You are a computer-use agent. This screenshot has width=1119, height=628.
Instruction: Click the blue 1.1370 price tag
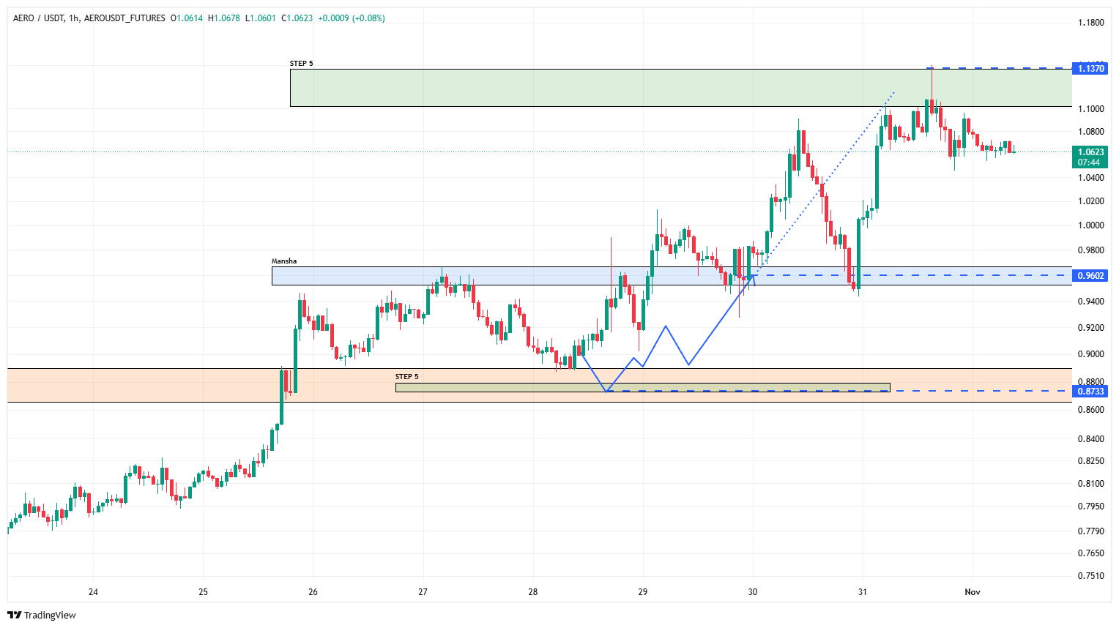(1090, 68)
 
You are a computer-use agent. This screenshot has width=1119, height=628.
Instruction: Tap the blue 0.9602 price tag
(1090, 276)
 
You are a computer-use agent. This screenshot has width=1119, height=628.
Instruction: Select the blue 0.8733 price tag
(1090, 392)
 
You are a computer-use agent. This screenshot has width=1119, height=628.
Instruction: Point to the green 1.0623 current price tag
(1090, 153)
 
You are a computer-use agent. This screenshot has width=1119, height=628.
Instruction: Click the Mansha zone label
(284, 261)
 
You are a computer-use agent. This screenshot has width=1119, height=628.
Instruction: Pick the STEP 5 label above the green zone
(301, 64)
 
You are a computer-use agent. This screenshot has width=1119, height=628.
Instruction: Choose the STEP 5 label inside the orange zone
(406, 377)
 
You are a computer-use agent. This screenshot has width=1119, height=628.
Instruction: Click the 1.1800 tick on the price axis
(1090, 23)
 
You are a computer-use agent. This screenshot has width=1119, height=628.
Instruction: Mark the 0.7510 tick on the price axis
(1090, 576)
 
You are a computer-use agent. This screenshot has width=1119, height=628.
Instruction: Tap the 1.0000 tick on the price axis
(1090, 225)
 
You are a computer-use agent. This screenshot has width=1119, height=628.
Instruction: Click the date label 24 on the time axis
(93, 592)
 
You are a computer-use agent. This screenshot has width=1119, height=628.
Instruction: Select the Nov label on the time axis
(972, 592)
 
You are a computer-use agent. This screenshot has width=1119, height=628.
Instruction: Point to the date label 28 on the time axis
(532, 592)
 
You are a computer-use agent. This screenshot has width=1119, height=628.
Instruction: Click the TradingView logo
(42, 615)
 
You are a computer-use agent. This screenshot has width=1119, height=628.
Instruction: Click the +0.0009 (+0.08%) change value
(351, 18)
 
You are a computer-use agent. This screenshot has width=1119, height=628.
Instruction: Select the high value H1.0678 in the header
(224, 18)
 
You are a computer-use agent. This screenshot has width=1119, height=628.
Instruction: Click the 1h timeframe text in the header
(73, 18)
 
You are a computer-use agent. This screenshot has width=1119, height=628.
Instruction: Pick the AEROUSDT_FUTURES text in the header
(124, 18)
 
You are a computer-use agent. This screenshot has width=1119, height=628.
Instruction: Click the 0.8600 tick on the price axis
(1090, 410)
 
